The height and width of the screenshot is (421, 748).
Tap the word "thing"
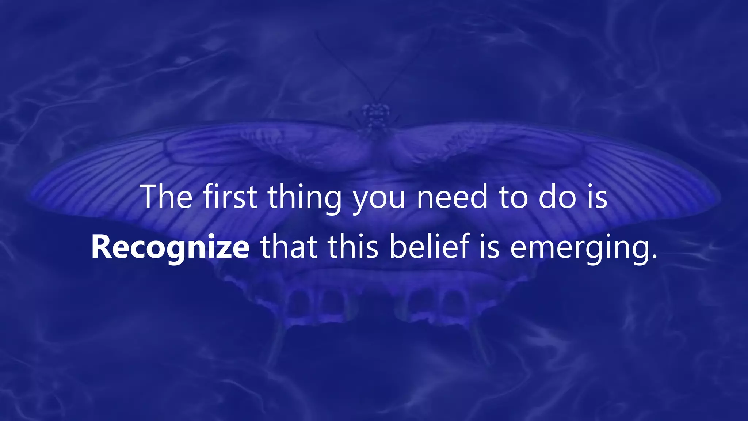pos(305,197)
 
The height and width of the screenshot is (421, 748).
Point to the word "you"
pos(379,199)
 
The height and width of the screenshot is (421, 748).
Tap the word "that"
pos(289,247)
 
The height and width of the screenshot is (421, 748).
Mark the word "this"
pos(353,247)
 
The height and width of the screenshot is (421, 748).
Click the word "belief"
pos(429,247)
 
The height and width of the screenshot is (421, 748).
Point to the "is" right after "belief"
pos(489,247)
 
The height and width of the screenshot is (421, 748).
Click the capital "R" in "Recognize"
pos(101,247)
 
